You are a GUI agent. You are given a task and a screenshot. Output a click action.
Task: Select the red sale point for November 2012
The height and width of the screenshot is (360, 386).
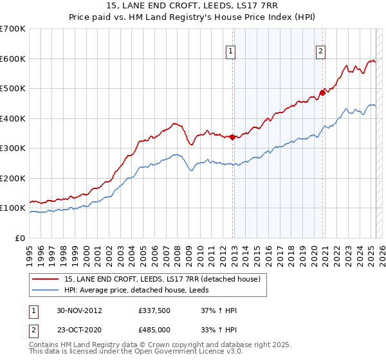click(232, 137)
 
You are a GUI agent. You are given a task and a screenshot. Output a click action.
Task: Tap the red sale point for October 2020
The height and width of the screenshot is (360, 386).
click(322, 93)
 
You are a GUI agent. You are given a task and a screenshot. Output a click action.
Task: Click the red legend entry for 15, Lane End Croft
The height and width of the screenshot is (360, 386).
click(161, 279)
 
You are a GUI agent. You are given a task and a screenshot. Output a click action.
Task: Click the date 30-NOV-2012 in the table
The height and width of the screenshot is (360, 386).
click(79, 310)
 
